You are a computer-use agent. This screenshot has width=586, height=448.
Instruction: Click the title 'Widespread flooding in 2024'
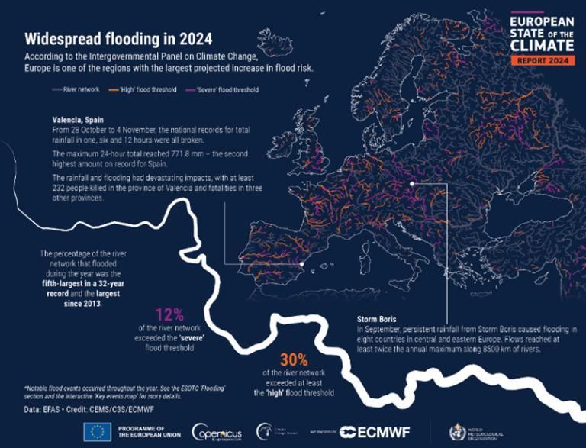[118, 39]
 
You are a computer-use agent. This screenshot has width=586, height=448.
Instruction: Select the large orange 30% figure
[272, 359]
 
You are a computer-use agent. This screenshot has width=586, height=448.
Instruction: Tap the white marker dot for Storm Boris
[411, 183]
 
